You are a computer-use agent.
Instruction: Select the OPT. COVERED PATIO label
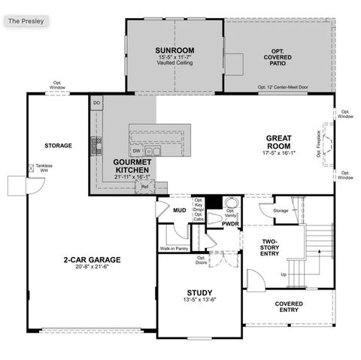tap(279, 55)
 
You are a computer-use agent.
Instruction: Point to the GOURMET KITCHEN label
tap(132, 165)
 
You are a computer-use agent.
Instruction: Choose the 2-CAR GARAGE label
tap(92, 259)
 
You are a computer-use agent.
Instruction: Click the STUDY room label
tap(199, 292)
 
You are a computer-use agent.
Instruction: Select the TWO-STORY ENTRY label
tap(269, 247)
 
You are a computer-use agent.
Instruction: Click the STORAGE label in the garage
tap(58, 145)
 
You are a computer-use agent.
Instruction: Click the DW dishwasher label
tap(137, 150)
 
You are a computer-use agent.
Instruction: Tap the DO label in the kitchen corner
tap(96, 101)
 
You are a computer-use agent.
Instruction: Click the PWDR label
tap(230, 223)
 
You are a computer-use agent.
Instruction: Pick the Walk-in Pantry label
tap(174, 248)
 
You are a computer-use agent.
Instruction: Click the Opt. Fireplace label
tap(319, 143)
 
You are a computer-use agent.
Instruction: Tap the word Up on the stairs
tap(284, 274)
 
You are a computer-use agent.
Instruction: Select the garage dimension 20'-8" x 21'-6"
tap(92, 268)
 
